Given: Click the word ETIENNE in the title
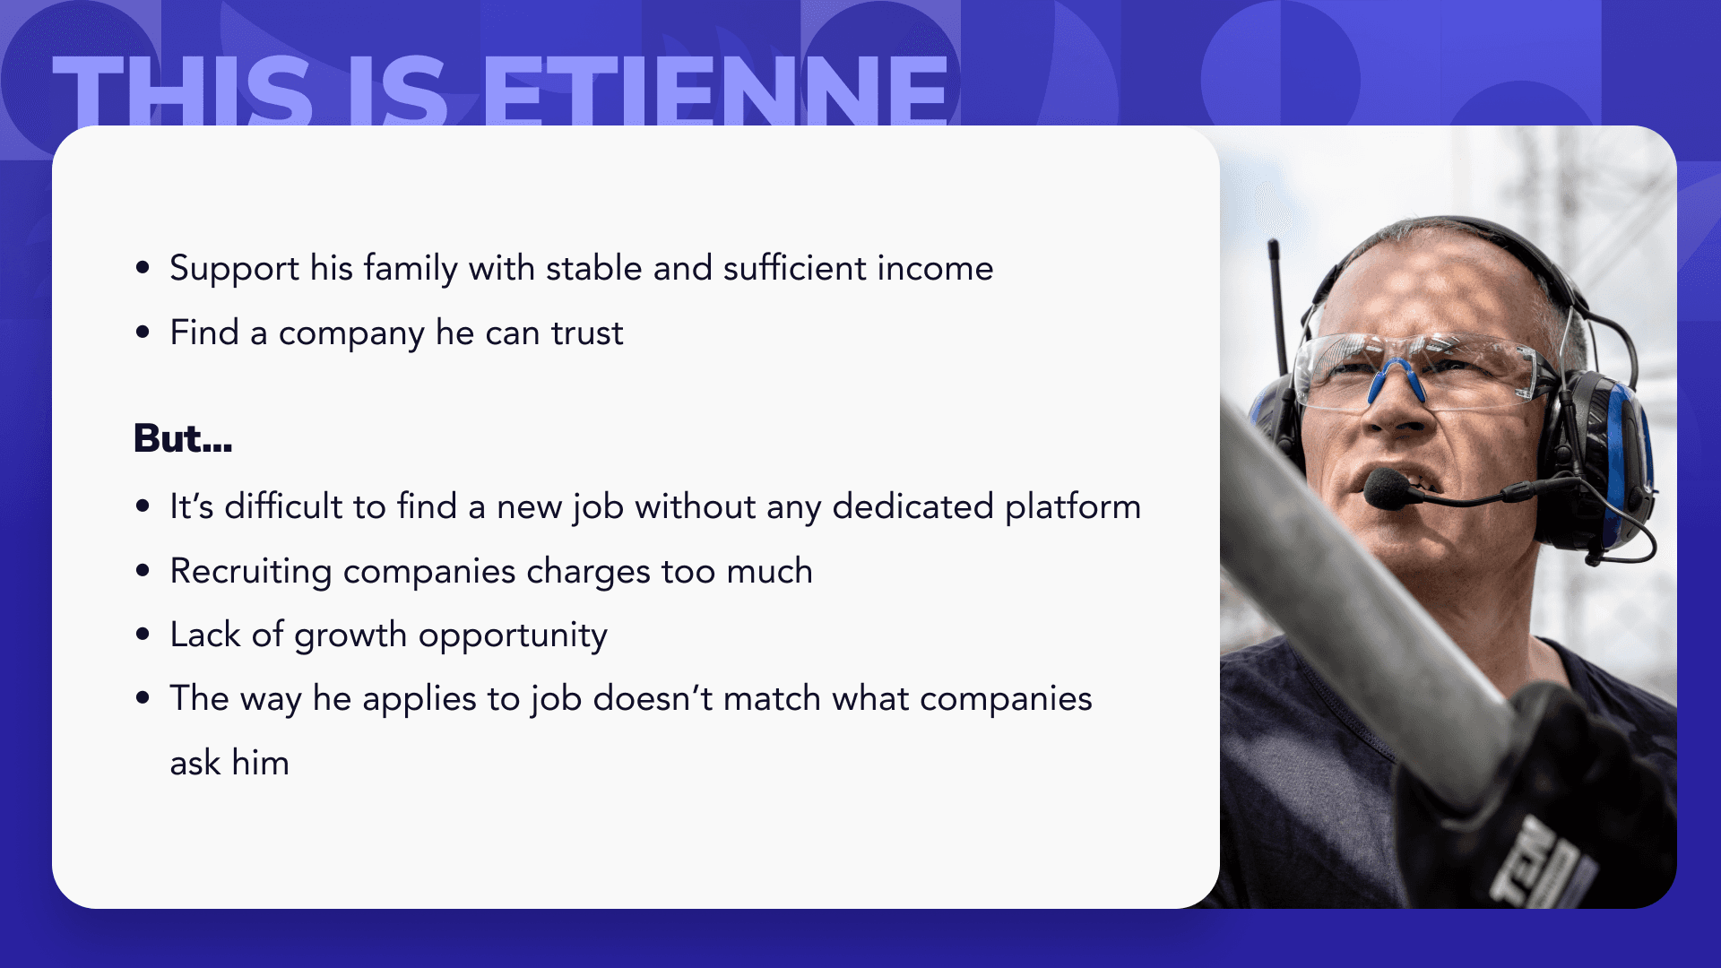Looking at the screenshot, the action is click(x=716, y=91).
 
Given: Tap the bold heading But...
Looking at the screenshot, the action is click(x=183, y=438).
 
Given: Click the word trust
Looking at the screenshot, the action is click(x=587, y=333).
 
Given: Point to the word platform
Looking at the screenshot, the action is click(x=1073, y=507).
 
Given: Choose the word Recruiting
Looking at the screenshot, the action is click(x=251, y=572).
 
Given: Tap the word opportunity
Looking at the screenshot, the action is click(x=513, y=635).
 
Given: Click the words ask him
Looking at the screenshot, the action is click(x=229, y=764).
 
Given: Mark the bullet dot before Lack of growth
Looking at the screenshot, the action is click(x=143, y=635).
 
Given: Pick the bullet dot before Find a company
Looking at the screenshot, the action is click(x=143, y=333).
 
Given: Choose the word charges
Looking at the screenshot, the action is click(x=588, y=572).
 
